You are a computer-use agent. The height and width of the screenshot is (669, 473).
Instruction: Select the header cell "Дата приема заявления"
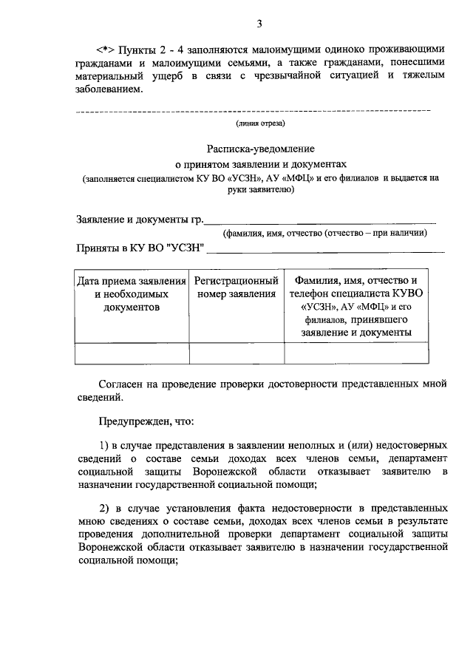[132, 294]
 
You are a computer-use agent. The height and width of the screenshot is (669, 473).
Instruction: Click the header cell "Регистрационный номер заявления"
[236, 288]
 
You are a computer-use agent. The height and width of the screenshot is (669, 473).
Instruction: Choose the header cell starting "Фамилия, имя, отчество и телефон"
[355, 307]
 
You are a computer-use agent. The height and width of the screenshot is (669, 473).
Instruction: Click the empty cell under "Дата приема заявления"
[132, 353]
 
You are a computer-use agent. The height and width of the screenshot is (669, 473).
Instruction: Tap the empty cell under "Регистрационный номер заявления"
[236, 353]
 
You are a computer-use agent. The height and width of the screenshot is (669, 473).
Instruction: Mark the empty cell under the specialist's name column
[355, 353]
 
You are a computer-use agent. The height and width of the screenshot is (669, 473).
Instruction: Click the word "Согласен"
[123, 384]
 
